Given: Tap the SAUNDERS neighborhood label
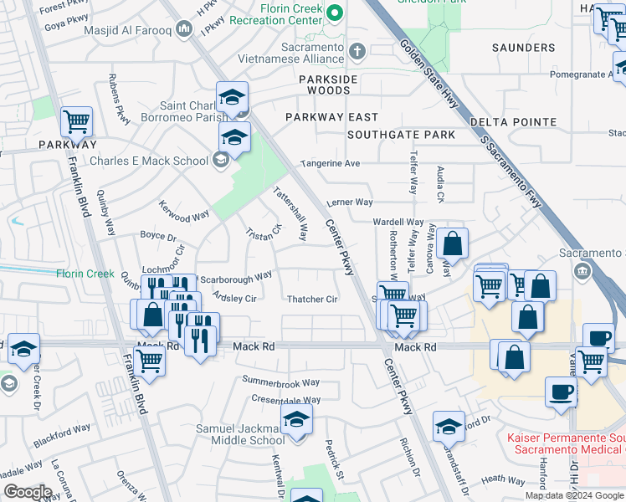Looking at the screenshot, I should tap(524, 48).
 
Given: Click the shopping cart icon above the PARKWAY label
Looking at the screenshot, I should tap(76, 122).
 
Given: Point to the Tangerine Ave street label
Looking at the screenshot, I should tap(331, 164).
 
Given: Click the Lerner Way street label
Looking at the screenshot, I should tap(349, 202).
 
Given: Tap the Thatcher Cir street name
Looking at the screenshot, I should tap(312, 300).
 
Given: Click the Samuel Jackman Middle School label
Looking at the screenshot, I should tap(240, 434).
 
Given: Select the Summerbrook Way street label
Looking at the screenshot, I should tap(281, 382).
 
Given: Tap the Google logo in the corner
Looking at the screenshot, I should tap(28, 492).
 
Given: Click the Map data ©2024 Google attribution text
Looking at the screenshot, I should tap(574, 495).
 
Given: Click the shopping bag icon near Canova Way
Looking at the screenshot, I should tap(452, 244).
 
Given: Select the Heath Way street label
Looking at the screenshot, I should tap(505, 479).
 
